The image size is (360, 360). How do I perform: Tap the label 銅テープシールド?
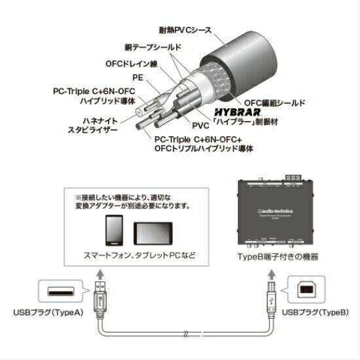(153, 48)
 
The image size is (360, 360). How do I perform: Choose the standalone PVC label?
(201, 124)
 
